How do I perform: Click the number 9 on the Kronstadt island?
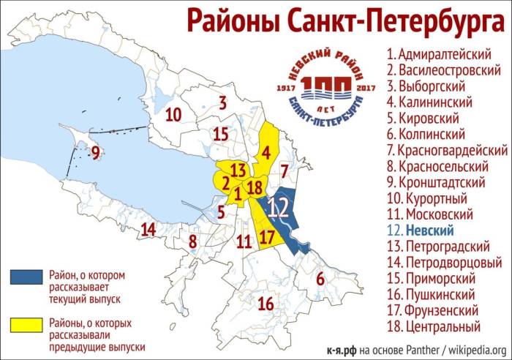pos(95,152)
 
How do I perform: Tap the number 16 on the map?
pos(266,303)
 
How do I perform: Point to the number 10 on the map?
pos(173,115)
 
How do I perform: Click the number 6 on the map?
pos(319,278)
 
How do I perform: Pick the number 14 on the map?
pos(148,229)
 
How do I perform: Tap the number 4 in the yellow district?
pos(267,153)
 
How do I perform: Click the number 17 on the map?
pos(267,236)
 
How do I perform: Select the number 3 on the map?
pos(222,103)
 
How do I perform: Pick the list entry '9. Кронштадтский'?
pos(443,181)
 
